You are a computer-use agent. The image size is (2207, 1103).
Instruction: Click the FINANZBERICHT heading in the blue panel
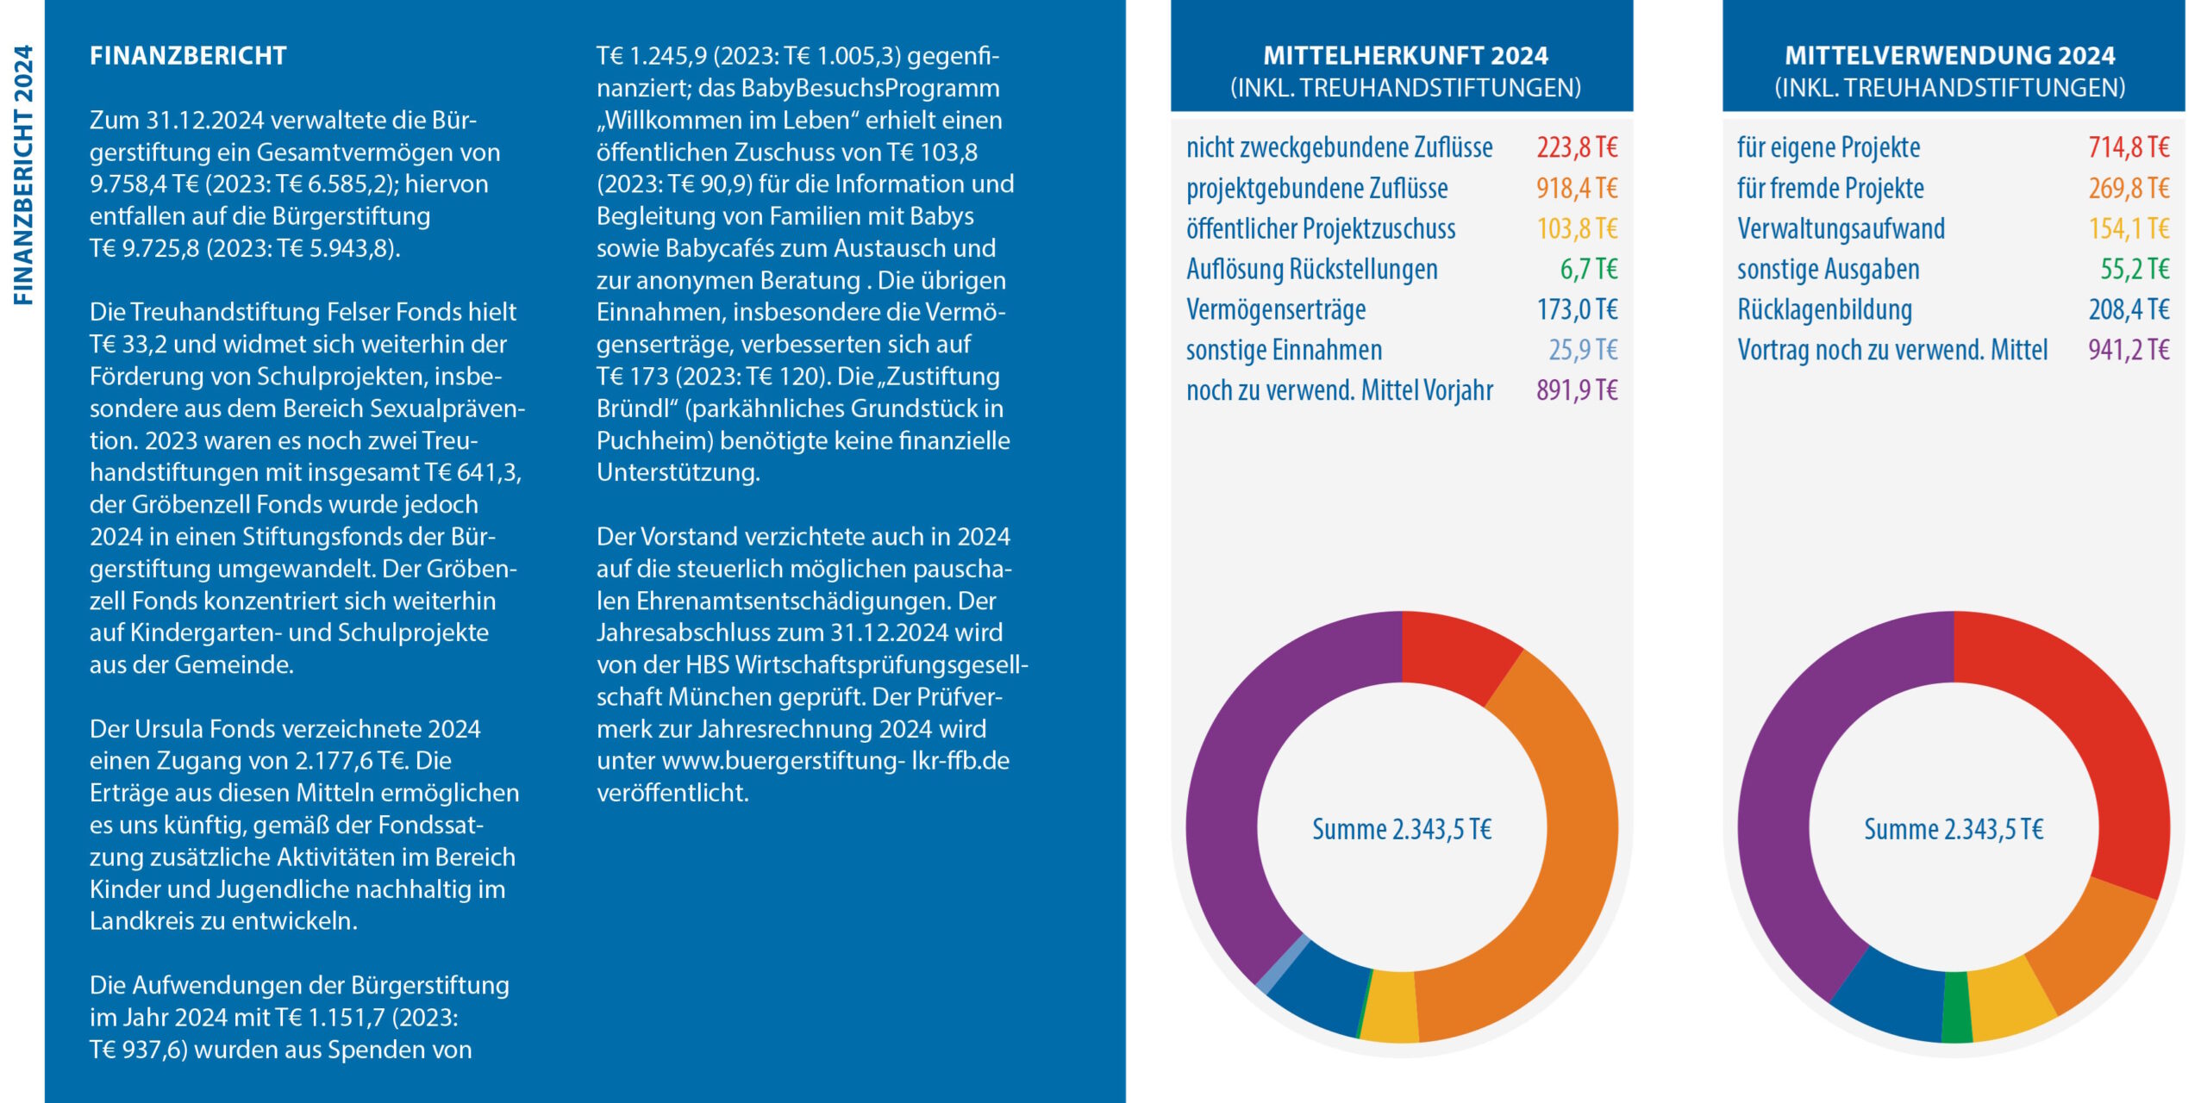pos(188,56)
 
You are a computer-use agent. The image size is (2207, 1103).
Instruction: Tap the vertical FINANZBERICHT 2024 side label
pos(23,175)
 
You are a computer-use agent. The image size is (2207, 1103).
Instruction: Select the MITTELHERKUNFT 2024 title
pos(1405,56)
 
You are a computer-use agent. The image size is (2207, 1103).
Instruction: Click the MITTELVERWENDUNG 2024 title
pos(1949,56)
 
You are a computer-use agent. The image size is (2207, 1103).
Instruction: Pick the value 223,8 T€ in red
pos(1576,147)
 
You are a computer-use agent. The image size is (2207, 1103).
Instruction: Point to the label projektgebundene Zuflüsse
pos(1316,188)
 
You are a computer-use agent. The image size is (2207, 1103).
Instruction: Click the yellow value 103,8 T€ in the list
pos(1577,228)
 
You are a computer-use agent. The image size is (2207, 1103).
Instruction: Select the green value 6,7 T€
pos(1588,269)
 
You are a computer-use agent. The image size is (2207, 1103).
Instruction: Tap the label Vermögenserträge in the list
pos(1276,309)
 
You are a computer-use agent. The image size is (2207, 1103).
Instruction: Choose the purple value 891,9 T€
pos(1576,390)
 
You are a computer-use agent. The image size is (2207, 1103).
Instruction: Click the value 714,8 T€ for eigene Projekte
pos(2128,147)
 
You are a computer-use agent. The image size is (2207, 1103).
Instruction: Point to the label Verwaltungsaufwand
pos(1841,228)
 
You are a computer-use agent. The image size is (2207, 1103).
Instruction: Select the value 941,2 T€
pos(2128,350)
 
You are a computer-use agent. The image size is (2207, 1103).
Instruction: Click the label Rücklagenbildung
pos(1824,309)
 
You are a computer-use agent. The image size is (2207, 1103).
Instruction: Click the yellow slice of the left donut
pos(1390,1006)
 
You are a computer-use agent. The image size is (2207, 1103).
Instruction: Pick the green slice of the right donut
pos(1956,1007)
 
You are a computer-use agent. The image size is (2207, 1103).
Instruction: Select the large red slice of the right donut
pos(2104,758)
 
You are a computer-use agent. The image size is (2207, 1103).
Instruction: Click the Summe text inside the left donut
pos(1402,829)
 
